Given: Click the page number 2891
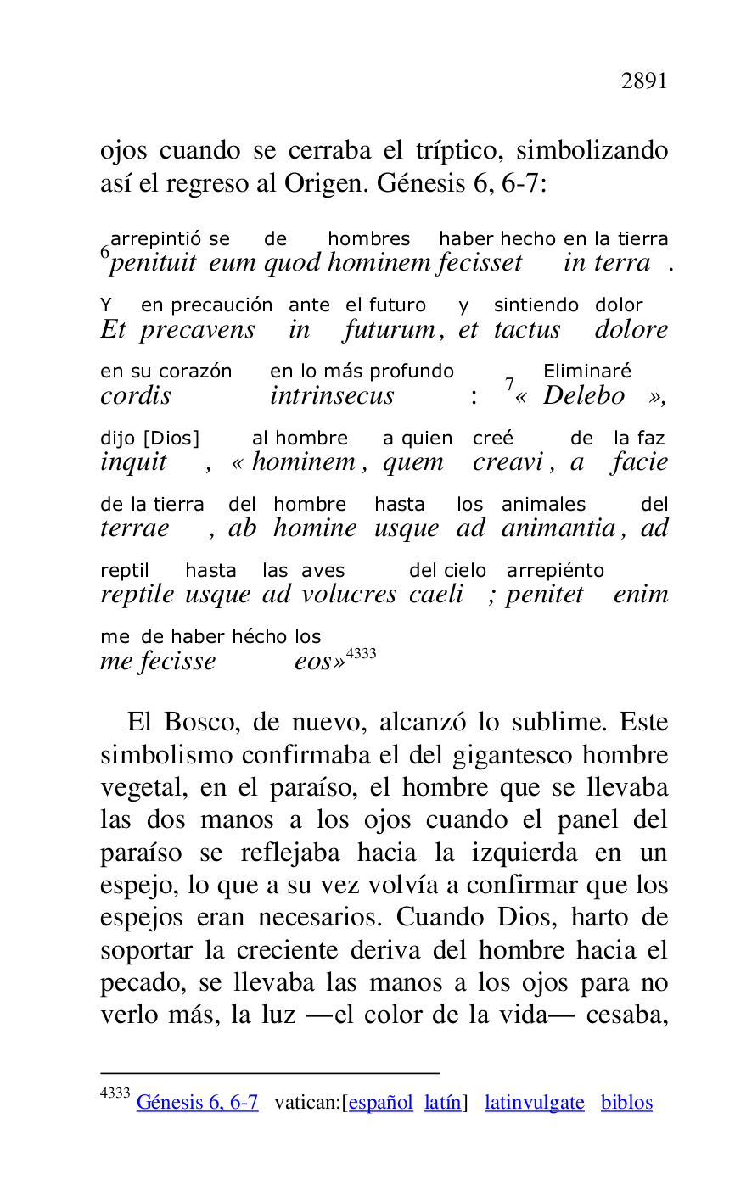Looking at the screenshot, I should (644, 81).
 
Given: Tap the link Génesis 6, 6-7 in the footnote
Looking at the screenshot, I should (197, 1103).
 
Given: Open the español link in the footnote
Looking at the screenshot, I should (380, 1103).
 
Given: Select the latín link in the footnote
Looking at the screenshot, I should (443, 1103).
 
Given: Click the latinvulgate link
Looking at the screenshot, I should (534, 1103).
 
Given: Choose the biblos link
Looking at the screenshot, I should (626, 1103).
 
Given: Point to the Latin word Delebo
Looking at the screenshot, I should (584, 396).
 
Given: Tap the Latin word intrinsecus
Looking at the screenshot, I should (332, 396).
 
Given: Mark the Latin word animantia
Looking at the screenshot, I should (558, 528).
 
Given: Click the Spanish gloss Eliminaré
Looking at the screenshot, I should (586, 371).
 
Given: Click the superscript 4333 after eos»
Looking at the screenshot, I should (361, 653).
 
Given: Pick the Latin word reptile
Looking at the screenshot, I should (137, 595).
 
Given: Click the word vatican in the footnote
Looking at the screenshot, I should (306, 1103).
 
